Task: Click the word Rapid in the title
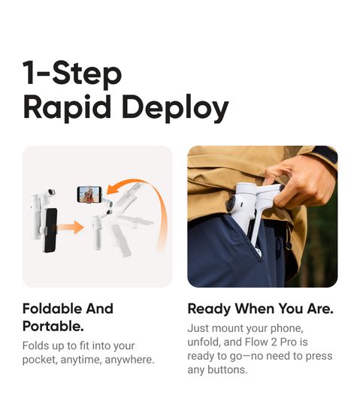tap(67, 108)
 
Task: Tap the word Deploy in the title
tap(175, 108)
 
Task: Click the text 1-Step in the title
tap(72, 74)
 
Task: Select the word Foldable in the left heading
tap(53, 309)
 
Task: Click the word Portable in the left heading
tap(52, 327)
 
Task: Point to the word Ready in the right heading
tap(209, 309)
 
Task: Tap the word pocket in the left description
tap(40, 360)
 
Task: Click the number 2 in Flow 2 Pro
tap(274, 342)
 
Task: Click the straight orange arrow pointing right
tap(71, 227)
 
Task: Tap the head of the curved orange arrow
tap(113, 188)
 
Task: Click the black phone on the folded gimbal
tap(50, 230)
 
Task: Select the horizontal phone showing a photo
tap(89, 194)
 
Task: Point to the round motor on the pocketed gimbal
tap(232, 203)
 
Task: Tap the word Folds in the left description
tap(35, 345)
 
